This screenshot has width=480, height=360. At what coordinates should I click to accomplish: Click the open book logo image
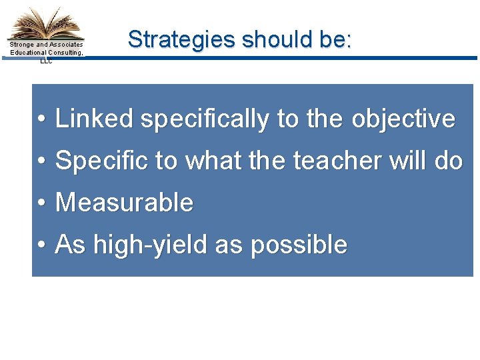pyautogui.click(x=45, y=24)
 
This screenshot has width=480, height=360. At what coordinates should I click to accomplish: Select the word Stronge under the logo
pyautogui.click(x=22, y=45)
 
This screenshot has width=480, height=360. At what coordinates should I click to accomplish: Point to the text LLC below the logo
pyautogui.click(x=45, y=61)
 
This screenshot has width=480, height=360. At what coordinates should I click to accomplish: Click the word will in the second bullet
pyautogui.click(x=391, y=161)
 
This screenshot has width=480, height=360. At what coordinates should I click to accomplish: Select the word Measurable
pyautogui.click(x=124, y=203)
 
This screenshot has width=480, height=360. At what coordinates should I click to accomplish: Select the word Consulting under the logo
pyautogui.click(x=65, y=53)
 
